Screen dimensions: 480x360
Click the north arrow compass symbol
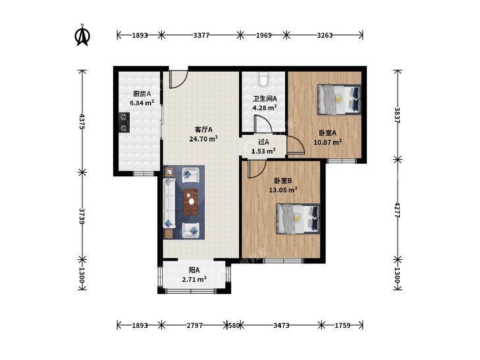pyautogui.click(x=82, y=35)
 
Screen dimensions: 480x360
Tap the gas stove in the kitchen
pyautogui.click(x=124, y=122)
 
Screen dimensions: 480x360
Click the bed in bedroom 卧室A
pyautogui.click(x=339, y=99)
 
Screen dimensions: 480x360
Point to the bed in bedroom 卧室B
pyautogui.click(x=298, y=219)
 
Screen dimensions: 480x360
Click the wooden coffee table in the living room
pyautogui.click(x=191, y=202)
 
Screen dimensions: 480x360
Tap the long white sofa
pyautogui.click(x=169, y=203)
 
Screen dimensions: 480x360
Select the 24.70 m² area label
pyautogui.click(x=203, y=139)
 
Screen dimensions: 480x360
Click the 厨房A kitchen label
pyautogui.click(x=142, y=93)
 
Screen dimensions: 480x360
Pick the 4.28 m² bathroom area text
pyautogui.click(x=265, y=108)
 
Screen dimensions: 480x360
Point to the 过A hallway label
pyautogui.click(x=263, y=142)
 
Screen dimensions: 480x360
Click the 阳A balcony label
pyautogui.click(x=194, y=270)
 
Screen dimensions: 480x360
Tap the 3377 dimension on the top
pyautogui.click(x=201, y=35)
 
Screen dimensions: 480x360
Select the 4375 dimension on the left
pyautogui.click(x=82, y=122)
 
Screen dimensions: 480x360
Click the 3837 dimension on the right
pyautogui.click(x=397, y=115)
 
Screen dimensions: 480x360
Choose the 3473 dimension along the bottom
pyautogui.click(x=281, y=325)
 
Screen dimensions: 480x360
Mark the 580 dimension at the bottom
pyautogui.click(x=234, y=325)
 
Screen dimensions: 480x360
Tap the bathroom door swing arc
pyautogui.click(x=263, y=124)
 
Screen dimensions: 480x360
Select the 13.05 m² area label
pyautogui.click(x=283, y=190)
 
